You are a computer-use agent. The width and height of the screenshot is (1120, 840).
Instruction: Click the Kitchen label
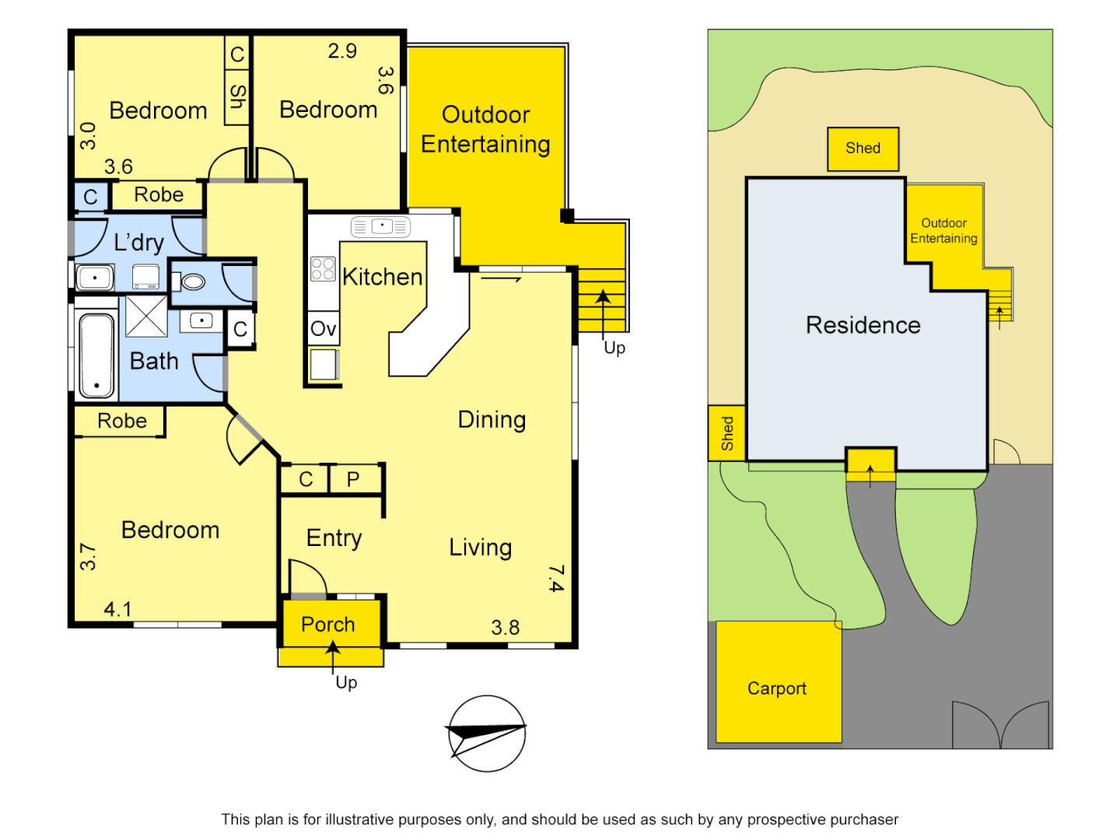click(382, 277)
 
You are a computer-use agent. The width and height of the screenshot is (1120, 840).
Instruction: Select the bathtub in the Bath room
click(96, 355)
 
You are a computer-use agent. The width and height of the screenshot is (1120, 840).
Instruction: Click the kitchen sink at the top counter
click(381, 226)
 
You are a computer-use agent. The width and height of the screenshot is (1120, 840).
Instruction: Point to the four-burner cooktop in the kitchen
click(323, 269)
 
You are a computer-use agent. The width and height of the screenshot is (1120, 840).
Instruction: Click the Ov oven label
click(323, 329)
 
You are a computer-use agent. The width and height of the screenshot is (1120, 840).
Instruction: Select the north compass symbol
click(487, 733)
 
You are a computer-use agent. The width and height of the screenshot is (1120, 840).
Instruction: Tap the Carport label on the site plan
click(776, 688)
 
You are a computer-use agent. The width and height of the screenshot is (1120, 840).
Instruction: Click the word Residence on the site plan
click(863, 325)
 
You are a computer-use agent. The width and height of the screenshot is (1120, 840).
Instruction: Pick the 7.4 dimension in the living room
click(555, 579)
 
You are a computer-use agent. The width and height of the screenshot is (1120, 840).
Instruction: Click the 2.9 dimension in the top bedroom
click(342, 51)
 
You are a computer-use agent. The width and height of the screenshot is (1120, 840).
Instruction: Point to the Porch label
click(328, 625)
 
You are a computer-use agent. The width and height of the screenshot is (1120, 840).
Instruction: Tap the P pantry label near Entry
click(353, 480)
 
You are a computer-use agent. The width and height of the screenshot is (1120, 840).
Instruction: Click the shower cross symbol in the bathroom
click(146, 316)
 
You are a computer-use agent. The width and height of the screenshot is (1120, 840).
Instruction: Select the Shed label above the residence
click(863, 148)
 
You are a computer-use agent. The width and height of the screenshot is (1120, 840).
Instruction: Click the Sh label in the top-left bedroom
click(237, 96)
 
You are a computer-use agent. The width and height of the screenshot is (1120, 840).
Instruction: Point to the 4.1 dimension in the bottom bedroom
click(117, 609)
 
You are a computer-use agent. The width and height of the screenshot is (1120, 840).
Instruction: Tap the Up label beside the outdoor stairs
click(614, 348)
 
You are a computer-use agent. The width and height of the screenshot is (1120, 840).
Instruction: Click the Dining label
click(492, 420)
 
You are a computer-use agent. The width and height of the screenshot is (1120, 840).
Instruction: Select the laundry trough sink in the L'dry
click(95, 276)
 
